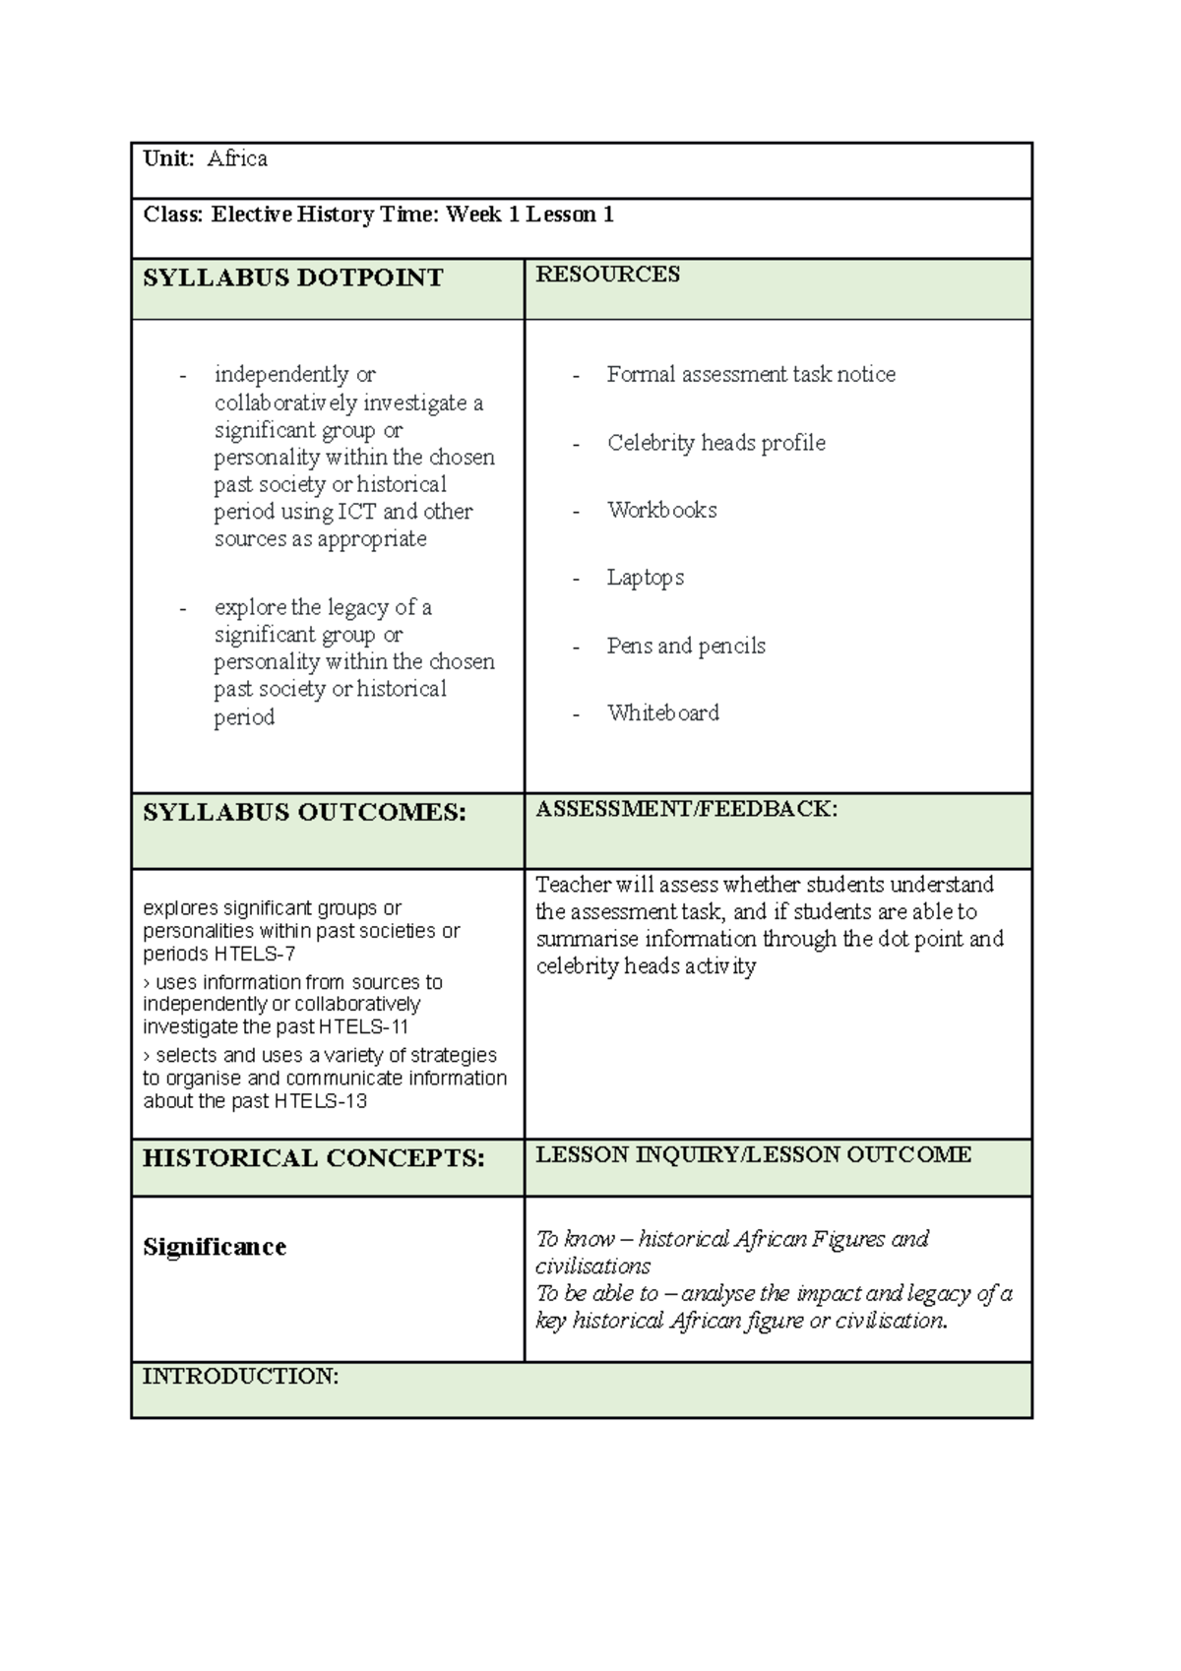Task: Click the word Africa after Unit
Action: (x=237, y=159)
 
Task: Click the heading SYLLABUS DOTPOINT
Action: (x=293, y=278)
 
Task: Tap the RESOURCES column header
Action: (x=607, y=275)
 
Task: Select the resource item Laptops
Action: (x=645, y=578)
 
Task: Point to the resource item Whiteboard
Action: (x=662, y=713)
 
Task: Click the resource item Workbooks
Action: (x=661, y=511)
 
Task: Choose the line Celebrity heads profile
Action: (x=715, y=443)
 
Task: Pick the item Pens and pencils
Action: (x=686, y=647)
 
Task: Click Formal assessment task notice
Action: (x=751, y=375)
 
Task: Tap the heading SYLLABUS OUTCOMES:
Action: (x=304, y=813)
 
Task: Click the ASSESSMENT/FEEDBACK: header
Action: (x=686, y=809)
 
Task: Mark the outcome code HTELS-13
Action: (x=321, y=1101)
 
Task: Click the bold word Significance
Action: (x=215, y=1248)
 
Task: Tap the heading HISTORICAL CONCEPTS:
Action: (x=313, y=1158)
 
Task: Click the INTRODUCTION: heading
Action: (x=240, y=1377)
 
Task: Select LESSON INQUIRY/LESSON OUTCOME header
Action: (x=753, y=1154)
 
